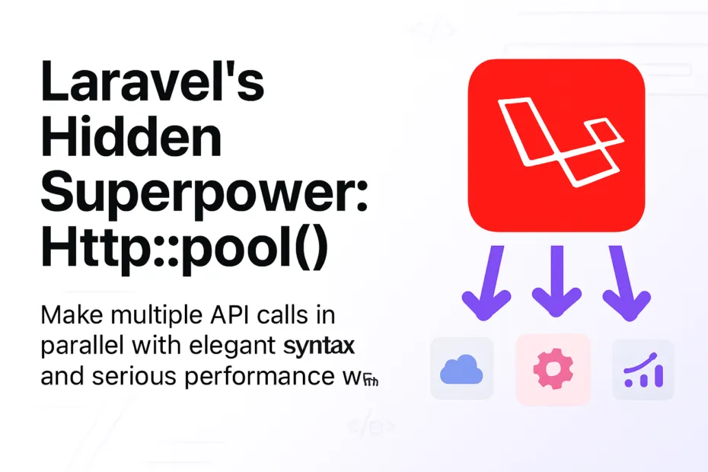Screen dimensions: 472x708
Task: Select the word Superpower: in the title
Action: pos(204,196)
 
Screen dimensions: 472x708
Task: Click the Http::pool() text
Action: pos(183,251)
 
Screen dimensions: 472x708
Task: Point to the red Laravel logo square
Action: pos(556,145)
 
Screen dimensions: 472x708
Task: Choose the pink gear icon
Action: pos(552,369)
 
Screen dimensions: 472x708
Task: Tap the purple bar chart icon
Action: pos(643,371)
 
